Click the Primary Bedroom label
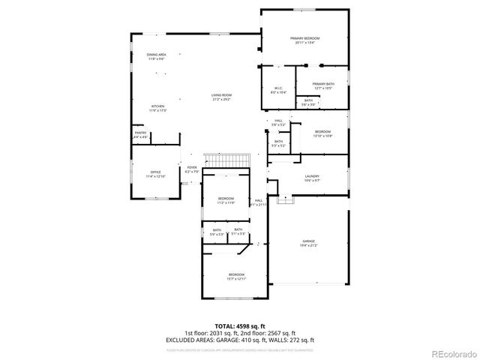pyautogui.click(x=305, y=39)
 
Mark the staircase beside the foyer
pyautogui.click(x=228, y=160)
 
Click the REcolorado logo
pyautogui.click(x=453, y=353)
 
